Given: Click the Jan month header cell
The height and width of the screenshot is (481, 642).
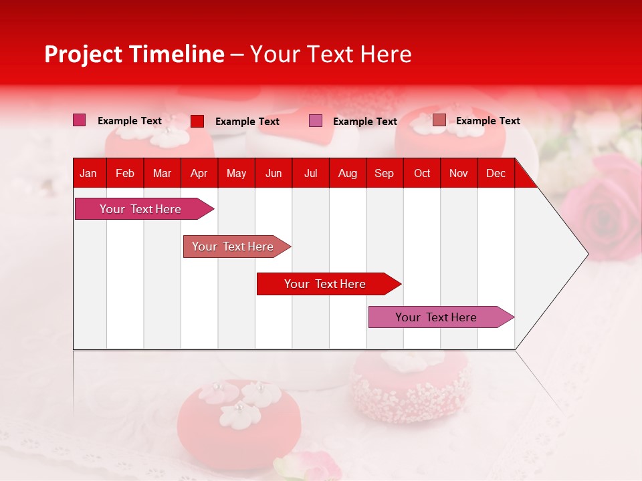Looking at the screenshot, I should (x=88, y=174).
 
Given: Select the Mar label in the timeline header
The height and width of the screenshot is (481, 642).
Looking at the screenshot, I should (x=162, y=174).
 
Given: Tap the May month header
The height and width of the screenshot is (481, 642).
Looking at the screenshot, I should (x=236, y=174).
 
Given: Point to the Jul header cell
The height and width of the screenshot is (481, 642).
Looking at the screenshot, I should (x=310, y=174).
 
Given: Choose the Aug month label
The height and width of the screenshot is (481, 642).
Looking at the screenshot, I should (x=347, y=174).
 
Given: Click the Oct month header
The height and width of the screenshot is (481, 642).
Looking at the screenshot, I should (x=422, y=174).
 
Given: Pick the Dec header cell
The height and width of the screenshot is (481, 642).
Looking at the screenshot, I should (x=496, y=174).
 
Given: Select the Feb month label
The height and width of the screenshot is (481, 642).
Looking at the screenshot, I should (x=125, y=174).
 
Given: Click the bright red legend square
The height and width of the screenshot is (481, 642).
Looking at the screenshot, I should (x=197, y=121).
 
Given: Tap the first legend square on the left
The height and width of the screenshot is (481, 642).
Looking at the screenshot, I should (x=79, y=120).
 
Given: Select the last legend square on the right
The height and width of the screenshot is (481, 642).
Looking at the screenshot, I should (x=439, y=120).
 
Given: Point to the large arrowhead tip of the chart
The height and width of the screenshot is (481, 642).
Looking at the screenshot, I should (x=586, y=254).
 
